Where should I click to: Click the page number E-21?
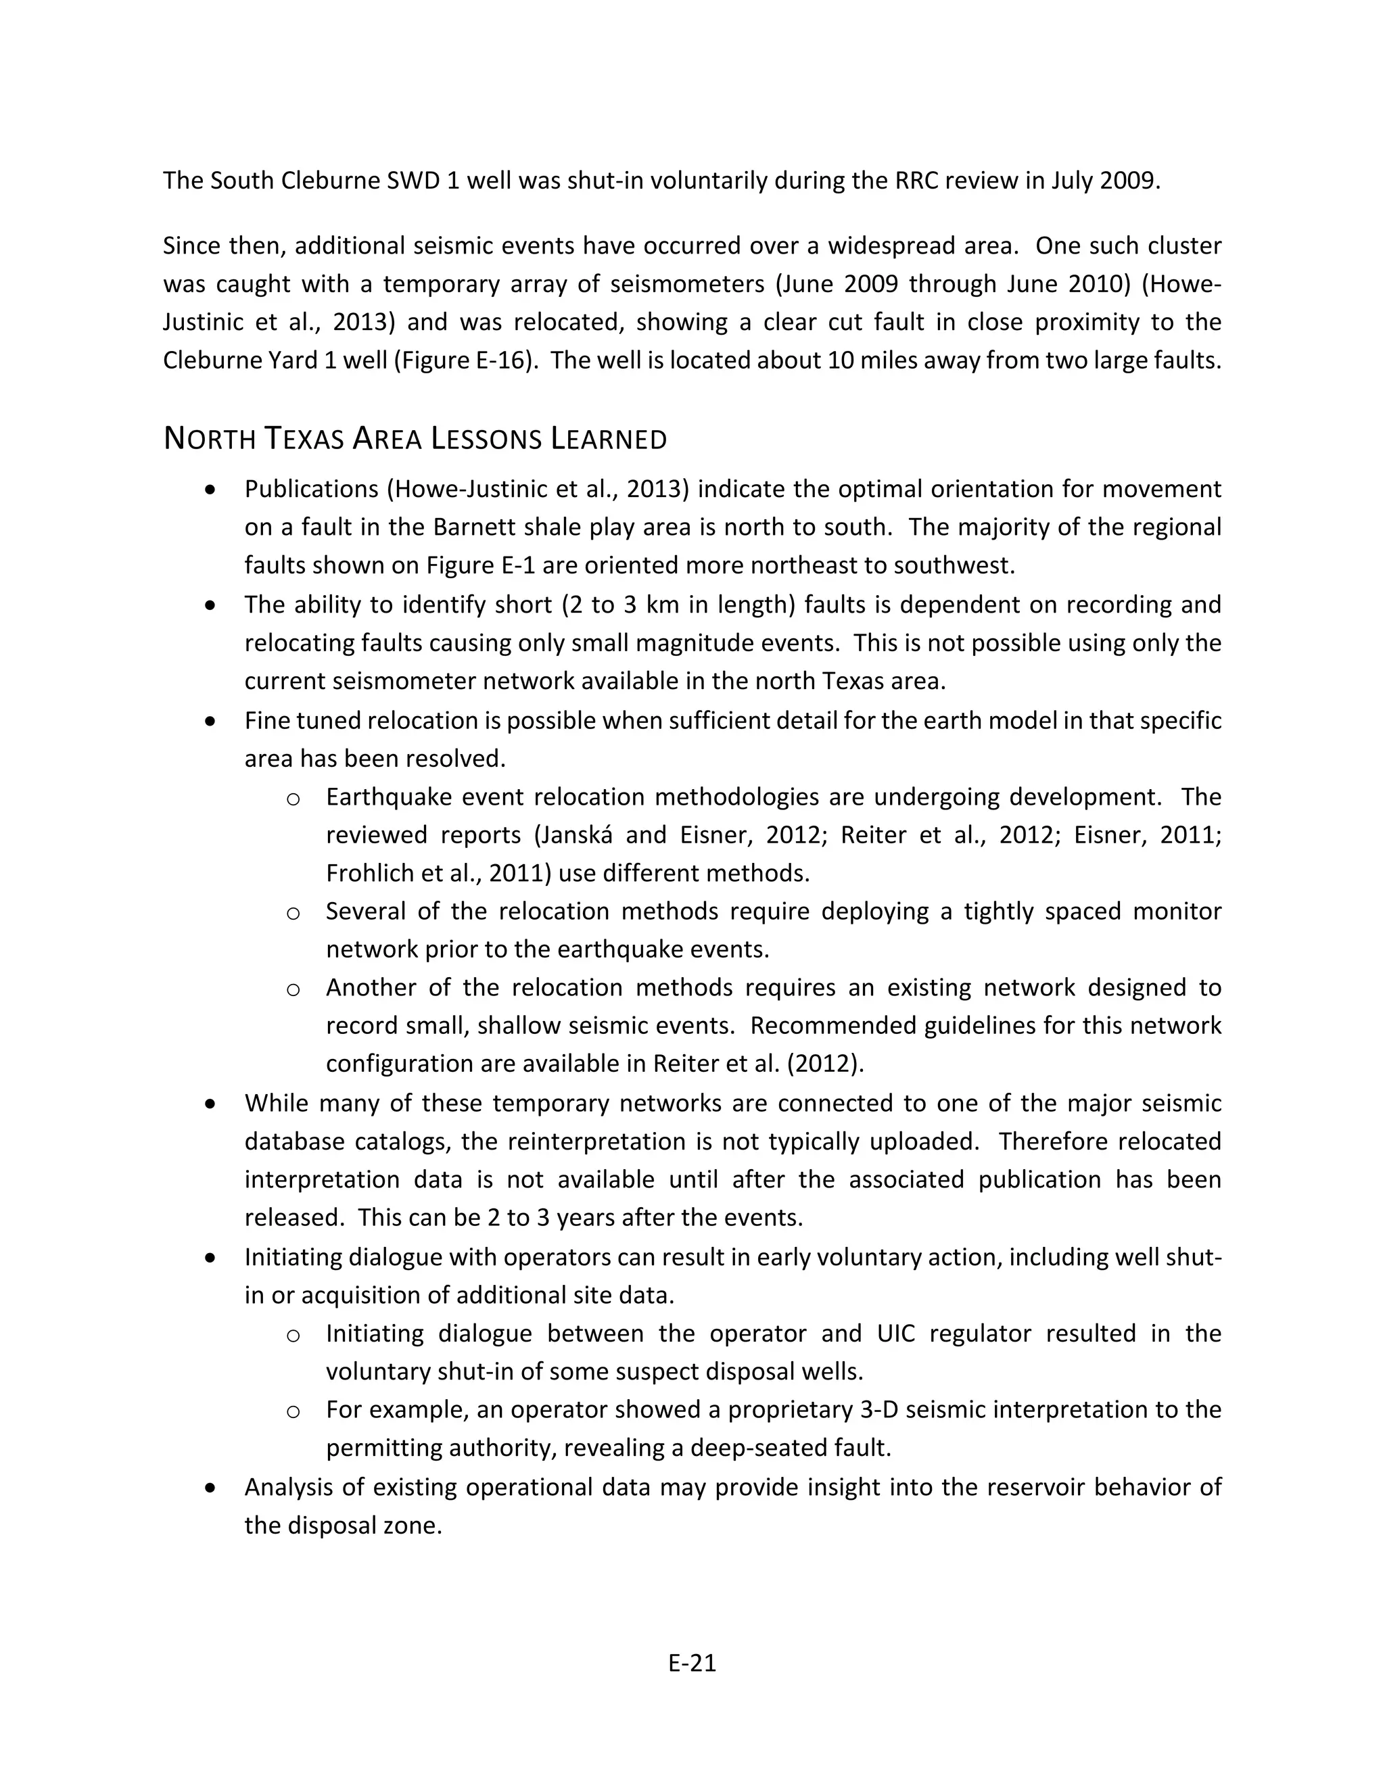(692, 1662)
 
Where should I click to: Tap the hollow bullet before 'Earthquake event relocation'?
(293, 799)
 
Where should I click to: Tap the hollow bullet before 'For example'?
(293, 1411)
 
